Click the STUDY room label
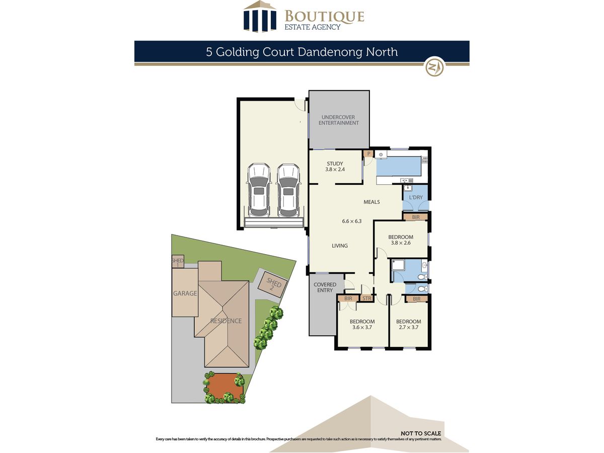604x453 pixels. click(x=335, y=164)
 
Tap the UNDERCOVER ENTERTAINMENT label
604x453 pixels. click(x=338, y=120)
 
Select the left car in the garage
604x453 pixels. click(x=258, y=190)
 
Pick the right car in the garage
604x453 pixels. click(x=288, y=190)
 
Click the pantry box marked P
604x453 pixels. click(x=368, y=154)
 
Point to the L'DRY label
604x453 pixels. click(x=416, y=197)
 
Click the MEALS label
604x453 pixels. click(x=371, y=202)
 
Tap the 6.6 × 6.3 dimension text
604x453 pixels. click(x=352, y=221)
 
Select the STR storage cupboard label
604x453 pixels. click(x=367, y=298)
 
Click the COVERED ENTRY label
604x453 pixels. click(x=325, y=287)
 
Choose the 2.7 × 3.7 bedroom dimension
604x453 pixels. click(x=408, y=327)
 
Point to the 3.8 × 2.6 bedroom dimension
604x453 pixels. click(x=401, y=243)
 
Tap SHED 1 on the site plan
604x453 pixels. click(x=178, y=262)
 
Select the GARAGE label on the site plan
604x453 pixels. click(x=185, y=293)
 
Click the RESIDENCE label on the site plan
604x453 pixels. click(x=226, y=321)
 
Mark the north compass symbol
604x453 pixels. click(x=434, y=66)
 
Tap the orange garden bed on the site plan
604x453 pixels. click(x=224, y=386)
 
